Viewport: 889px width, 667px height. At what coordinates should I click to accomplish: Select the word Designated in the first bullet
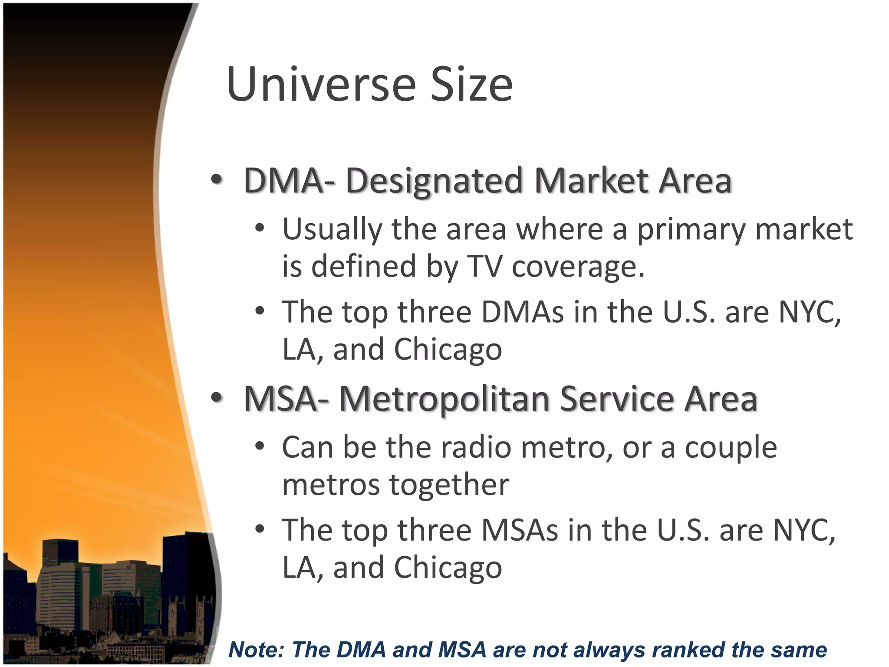tap(434, 182)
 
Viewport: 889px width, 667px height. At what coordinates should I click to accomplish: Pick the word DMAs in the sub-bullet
tap(522, 312)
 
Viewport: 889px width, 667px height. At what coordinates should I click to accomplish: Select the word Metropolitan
tap(444, 399)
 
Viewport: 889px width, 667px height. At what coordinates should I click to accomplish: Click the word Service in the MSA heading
tap(617, 399)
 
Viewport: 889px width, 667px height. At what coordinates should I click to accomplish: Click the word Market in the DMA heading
tap(591, 182)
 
